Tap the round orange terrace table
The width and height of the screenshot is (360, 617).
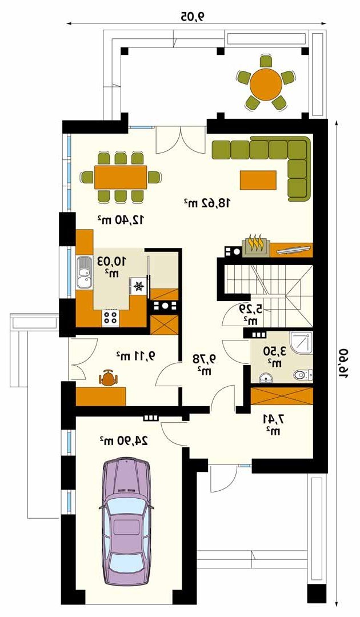266,83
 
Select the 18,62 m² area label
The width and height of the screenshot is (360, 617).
206,203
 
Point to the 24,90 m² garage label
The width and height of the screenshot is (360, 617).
123,440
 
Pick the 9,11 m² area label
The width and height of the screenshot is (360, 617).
135,356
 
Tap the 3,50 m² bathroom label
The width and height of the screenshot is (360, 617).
275,356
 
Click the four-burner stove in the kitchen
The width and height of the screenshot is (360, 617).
110,318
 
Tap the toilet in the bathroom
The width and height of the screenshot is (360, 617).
303,375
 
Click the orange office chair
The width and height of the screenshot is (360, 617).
108,378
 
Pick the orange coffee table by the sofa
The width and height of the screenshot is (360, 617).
258,180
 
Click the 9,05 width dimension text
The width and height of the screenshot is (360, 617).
193,17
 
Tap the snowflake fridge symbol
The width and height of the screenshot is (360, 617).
138,286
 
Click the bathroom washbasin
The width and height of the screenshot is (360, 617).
267,378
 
